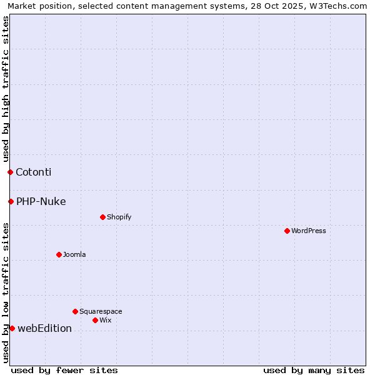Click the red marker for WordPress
[287, 231]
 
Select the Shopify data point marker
[102, 217]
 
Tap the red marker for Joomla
[59, 254]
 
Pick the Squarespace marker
[75, 311]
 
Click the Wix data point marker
[95, 320]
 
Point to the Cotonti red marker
[10, 172]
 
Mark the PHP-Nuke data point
[11, 201]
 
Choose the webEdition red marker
[12, 328]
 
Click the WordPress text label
[309, 231]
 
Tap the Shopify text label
[119, 217]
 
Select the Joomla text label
[74, 254]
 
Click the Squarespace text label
[101, 311]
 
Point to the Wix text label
[106, 320]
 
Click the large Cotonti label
[34, 172]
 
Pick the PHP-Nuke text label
[41, 201]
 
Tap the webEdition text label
[45, 328]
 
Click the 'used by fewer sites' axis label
[64, 370]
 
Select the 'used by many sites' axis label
[314, 370]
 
